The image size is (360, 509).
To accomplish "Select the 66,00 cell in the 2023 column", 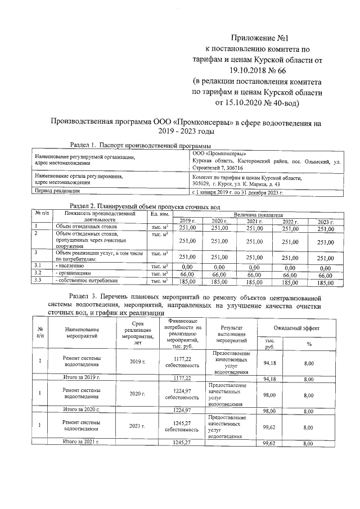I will pos(326,274).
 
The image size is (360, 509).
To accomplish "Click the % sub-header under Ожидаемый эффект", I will pos(309,344).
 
